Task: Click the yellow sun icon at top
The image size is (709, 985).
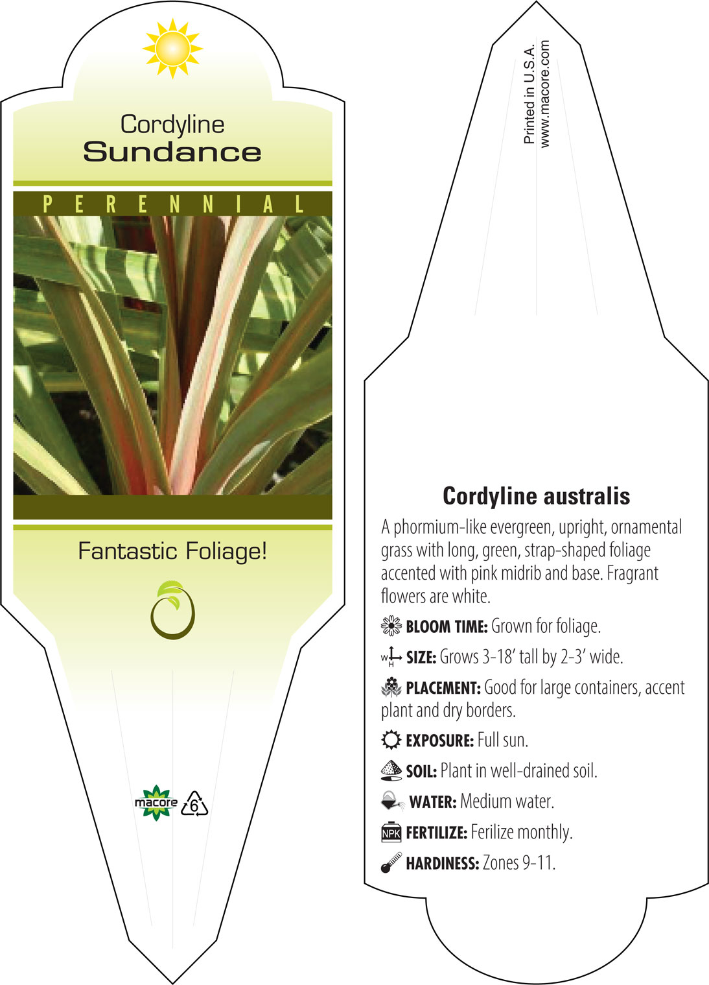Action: [x=172, y=49]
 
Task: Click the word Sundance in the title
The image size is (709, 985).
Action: [x=172, y=152]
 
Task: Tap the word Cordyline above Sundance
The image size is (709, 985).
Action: [x=172, y=125]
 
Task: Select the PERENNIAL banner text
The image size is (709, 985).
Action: [x=173, y=204]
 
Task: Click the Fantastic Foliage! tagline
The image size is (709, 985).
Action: [x=172, y=551]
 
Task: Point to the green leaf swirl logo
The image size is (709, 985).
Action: [x=172, y=610]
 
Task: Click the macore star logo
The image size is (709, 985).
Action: [x=156, y=803]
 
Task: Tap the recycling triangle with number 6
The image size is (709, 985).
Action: [x=194, y=804]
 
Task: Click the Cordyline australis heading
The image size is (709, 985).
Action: [x=536, y=497]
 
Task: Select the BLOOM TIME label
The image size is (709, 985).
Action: [x=447, y=626]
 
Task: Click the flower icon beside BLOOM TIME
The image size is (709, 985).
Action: [x=391, y=626]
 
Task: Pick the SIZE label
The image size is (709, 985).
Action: [x=421, y=658]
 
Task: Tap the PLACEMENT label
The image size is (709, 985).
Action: [x=443, y=688]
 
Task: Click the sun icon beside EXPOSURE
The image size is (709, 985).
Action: [x=391, y=740]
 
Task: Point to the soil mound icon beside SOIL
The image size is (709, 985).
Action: [x=391, y=771]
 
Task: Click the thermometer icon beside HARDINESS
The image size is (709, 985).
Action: [x=391, y=862]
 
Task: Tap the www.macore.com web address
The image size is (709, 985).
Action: [x=544, y=94]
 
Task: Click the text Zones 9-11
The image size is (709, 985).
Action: [x=519, y=863]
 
